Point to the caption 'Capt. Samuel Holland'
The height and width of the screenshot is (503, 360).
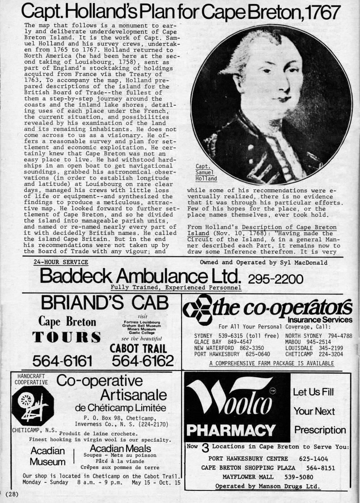pyautogui.click(x=206, y=172)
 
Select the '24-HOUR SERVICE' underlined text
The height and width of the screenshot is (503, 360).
pyautogui.click(x=61, y=262)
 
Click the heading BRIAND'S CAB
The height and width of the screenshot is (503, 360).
pyautogui.click(x=105, y=303)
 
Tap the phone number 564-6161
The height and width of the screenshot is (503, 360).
pyautogui.click(x=63, y=360)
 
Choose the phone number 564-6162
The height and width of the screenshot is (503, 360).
pyautogui.click(x=142, y=360)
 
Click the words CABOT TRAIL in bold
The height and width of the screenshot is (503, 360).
pyautogui.click(x=138, y=348)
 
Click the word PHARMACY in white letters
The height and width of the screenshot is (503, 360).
pyautogui.click(x=231, y=431)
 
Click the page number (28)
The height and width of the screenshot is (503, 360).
pyautogui.click(x=9, y=494)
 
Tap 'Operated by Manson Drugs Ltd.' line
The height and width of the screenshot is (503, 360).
pyautogui.click(x=267, y=486)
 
